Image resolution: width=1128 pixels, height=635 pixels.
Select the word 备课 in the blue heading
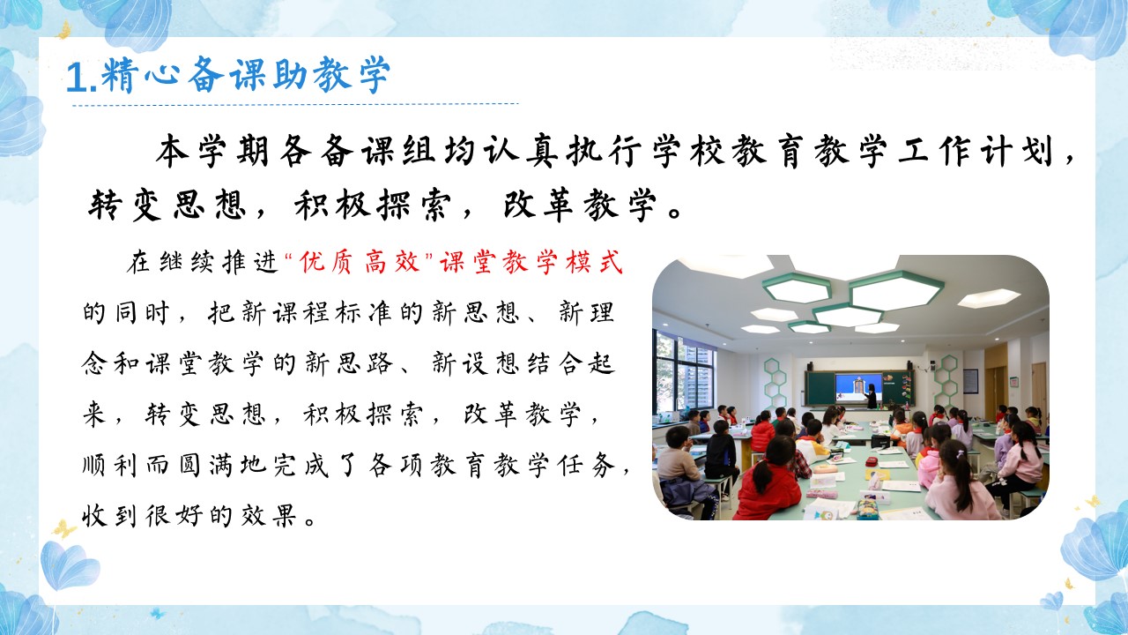point(208,75)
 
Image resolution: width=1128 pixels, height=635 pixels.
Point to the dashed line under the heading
point(295,105)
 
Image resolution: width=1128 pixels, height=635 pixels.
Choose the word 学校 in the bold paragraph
point(709,150)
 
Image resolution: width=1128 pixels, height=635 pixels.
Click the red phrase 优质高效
point(359,262)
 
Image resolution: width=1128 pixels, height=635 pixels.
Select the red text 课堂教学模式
point(531,262)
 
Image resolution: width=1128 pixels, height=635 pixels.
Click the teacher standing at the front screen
point(871,396)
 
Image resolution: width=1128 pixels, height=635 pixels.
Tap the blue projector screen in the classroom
point(858,387)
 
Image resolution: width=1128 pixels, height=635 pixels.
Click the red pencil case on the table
point(872,461)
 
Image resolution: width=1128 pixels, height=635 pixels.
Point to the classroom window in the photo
point(684,373)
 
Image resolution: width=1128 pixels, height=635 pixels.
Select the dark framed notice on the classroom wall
point(970,382)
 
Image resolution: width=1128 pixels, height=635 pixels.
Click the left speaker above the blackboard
point(809,366)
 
